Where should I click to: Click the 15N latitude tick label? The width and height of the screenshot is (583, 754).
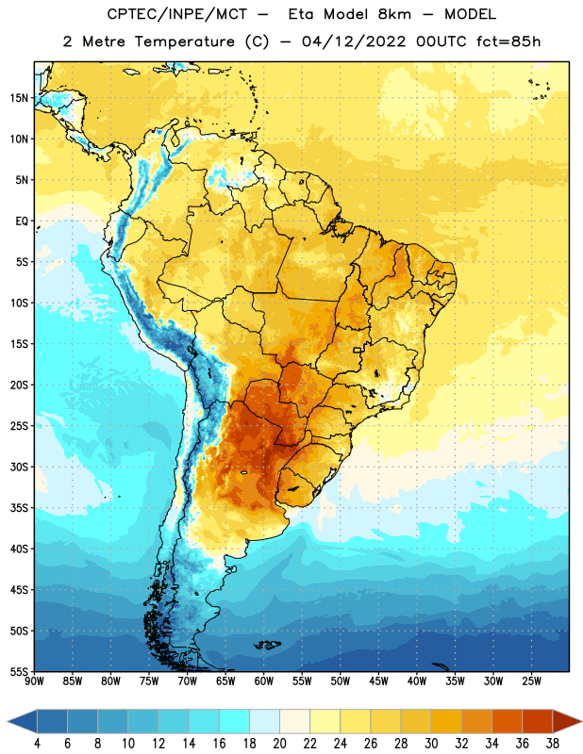(19, 98)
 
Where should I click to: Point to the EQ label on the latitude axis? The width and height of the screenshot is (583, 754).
(22, 221)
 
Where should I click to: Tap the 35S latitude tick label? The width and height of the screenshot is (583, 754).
(19, 508)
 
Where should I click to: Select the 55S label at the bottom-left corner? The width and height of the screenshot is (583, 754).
(19, 671)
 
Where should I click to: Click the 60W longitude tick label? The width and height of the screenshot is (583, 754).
(264, 680)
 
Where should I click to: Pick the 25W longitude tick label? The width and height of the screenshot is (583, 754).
(531, 680)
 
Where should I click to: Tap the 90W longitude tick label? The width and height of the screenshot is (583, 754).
(35, 680)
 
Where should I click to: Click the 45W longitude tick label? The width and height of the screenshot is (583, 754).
(378, 680)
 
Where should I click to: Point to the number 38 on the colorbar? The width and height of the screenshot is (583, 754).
(552, 744)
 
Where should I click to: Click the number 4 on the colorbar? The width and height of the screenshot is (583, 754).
(37, 744)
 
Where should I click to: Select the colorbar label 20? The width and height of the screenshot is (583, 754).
(279, 744)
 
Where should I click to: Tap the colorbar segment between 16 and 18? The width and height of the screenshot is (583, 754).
(235, 722)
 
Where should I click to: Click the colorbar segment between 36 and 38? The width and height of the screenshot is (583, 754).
(538, 722)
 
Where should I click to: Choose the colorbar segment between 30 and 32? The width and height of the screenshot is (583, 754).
(446, 722)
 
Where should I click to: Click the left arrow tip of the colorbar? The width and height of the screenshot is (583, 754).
(8, 722)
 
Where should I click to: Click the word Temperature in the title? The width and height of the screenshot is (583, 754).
(184, 41)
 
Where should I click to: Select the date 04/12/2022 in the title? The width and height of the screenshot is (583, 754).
(354, 41)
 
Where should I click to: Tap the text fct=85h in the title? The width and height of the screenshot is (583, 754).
(508, 41)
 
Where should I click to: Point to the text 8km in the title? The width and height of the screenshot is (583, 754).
(394, 14)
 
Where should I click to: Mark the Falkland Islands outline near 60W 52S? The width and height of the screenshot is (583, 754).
(267, 645)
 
